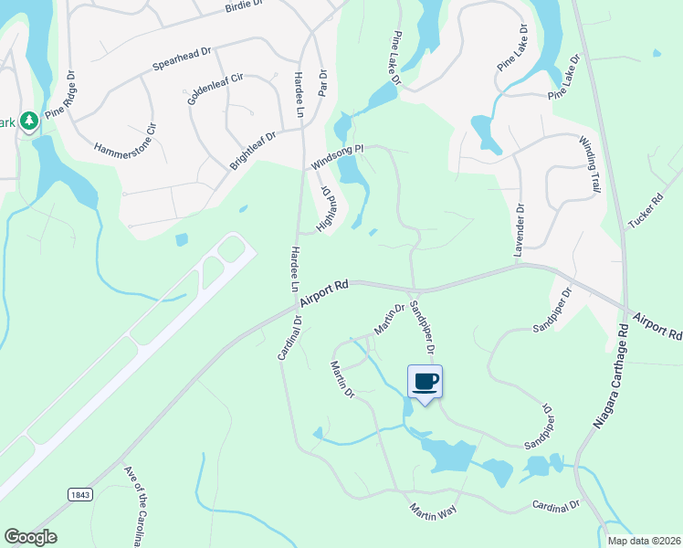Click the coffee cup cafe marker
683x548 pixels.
425,381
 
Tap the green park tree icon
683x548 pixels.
29,121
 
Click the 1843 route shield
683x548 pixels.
79,494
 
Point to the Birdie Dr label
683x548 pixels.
243,6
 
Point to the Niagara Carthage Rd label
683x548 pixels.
612,375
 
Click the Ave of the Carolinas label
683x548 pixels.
133,505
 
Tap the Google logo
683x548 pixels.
30,537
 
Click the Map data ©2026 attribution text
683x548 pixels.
643,541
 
